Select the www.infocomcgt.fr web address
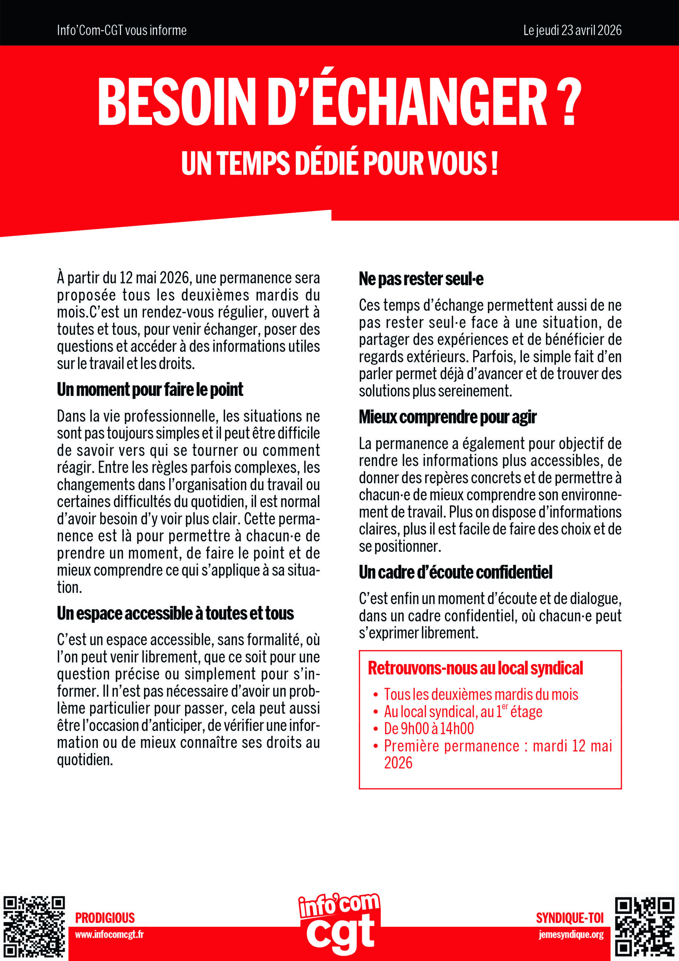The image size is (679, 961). tap(109, 935)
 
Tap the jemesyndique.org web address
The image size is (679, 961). tap(571, 935)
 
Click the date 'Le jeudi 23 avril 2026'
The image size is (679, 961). tap(572, 30)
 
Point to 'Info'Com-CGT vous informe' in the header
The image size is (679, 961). tap(122, 30)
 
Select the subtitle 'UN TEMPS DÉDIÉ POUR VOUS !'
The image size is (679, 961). tap(339, 163)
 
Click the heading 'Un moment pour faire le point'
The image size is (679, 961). tap(150, 390)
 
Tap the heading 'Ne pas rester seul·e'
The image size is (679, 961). tap(421, 279)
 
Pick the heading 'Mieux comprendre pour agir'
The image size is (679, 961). tap(448, 417)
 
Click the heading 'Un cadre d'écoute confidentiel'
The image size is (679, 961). tap(455, 572)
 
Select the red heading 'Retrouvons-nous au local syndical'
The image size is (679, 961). tap(475, 668)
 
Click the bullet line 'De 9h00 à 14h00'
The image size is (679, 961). tap(429, 728)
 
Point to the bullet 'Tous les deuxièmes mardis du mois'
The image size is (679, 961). tap(481, 694)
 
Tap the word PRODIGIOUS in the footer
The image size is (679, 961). tap(105, 918)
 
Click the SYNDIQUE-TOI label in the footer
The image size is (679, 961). tap(570, 918)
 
